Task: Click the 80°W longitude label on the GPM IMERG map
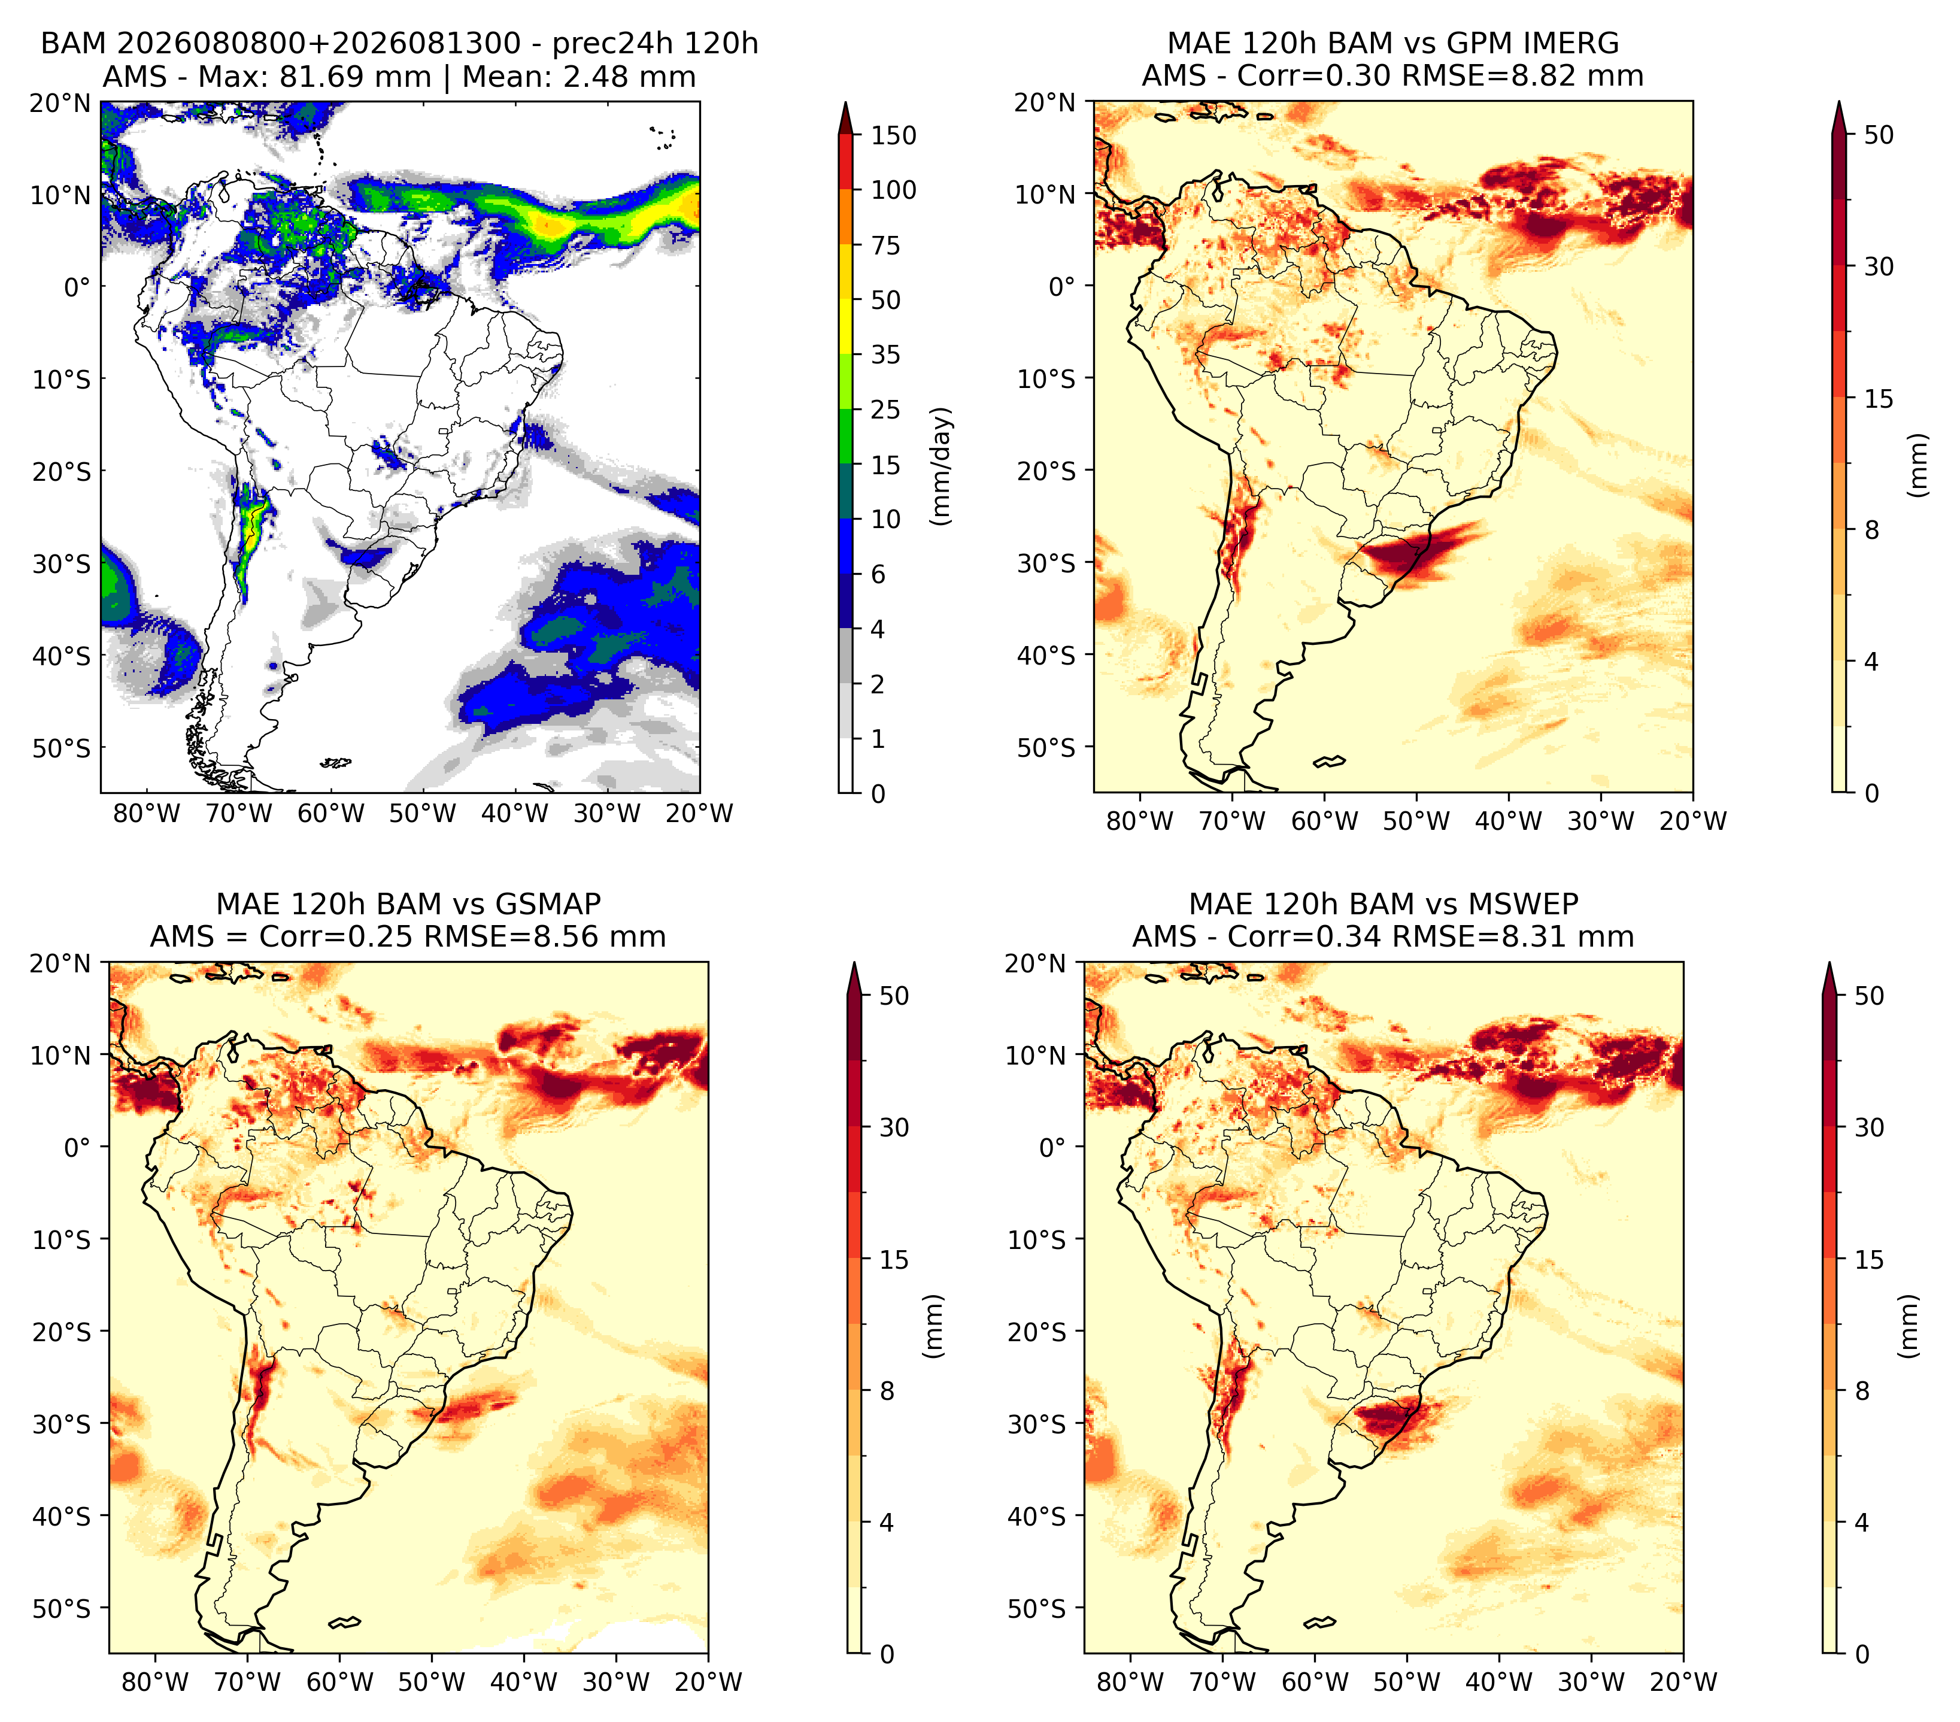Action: tap(1140, 821)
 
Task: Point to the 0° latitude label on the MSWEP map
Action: tap(1053, 1148)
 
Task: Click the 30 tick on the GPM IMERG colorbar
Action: tap(1879, 266)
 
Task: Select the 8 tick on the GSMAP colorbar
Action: tap(887, 1390)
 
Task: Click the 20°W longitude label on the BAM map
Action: tap(699, 813)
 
